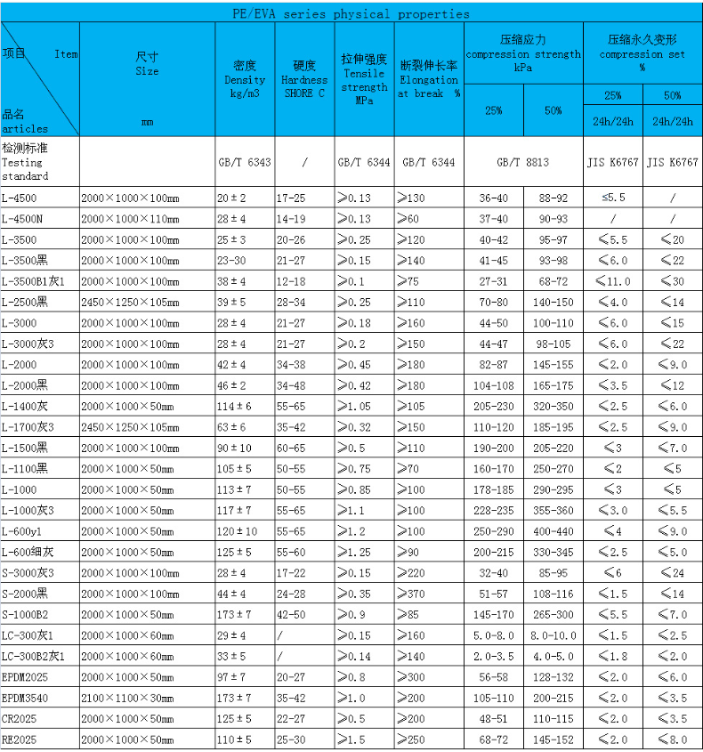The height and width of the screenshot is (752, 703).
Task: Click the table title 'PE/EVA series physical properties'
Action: coord(351,13)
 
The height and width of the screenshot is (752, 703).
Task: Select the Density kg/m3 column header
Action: coord(245,79)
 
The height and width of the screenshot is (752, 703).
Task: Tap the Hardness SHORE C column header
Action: coord(304,79)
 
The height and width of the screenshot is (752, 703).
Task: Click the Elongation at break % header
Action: coord(429,79)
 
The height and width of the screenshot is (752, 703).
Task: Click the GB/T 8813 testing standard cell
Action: coord(523,163)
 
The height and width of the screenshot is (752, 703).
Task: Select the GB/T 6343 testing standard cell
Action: coord(245,163)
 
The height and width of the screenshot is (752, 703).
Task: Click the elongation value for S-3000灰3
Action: coord(414,573)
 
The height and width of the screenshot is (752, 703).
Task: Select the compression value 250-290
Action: coord(494,531)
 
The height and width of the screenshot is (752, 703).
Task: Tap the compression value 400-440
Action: coord(553,531)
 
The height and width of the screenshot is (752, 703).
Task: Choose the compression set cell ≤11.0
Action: coord(613,281)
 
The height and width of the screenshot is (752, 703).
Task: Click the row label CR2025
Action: coord(19,719)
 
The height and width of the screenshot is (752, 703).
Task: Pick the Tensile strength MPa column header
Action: coord(364,79)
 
